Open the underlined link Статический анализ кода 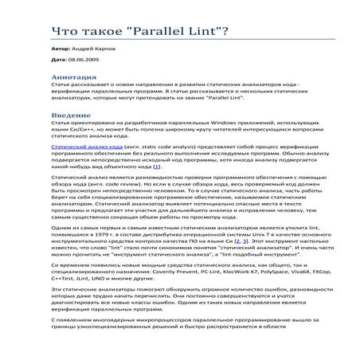click(x=79, y=148)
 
